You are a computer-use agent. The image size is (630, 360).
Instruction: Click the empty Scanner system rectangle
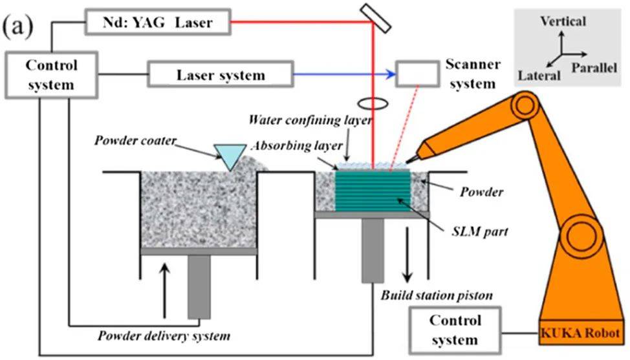coord(416,74)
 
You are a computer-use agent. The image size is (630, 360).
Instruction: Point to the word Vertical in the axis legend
coord(564,22)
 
